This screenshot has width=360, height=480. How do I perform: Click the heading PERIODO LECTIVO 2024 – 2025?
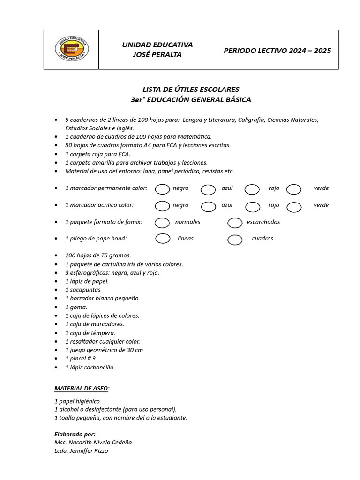click(x=277, y=51)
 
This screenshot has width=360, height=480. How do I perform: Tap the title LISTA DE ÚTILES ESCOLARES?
click(x=191, y=89)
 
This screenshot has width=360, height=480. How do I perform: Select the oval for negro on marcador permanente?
click(x=163, y=188)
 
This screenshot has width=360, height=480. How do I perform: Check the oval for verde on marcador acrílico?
click(x=294, y=206)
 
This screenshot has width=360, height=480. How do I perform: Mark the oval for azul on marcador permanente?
click(x=208, y=189)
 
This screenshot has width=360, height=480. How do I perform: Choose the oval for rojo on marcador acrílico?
click(x=253, y=206)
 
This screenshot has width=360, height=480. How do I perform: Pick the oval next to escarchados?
click(x=235, y=223)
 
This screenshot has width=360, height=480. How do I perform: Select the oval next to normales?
click(x=162, y=222)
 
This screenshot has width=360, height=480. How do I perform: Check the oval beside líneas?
click(x=163, y=239)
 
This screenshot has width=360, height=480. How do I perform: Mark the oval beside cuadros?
click(x=235, y=240)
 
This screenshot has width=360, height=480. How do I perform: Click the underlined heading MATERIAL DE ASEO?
click(x=82, y=389)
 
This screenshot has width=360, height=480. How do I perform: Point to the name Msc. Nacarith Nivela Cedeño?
click(x=93, y=442)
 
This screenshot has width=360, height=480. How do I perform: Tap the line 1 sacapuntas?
click(x=82, y=290)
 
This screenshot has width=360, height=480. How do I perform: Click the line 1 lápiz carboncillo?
click(x=89, y=367)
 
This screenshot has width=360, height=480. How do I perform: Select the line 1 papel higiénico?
click(x=77, y=401)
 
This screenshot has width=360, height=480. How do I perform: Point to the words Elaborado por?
click(x=75, y=434)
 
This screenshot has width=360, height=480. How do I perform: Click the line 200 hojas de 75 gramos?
click(x=98, y=255)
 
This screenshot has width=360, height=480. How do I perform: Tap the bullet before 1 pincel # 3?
click(x=56, y=359)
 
